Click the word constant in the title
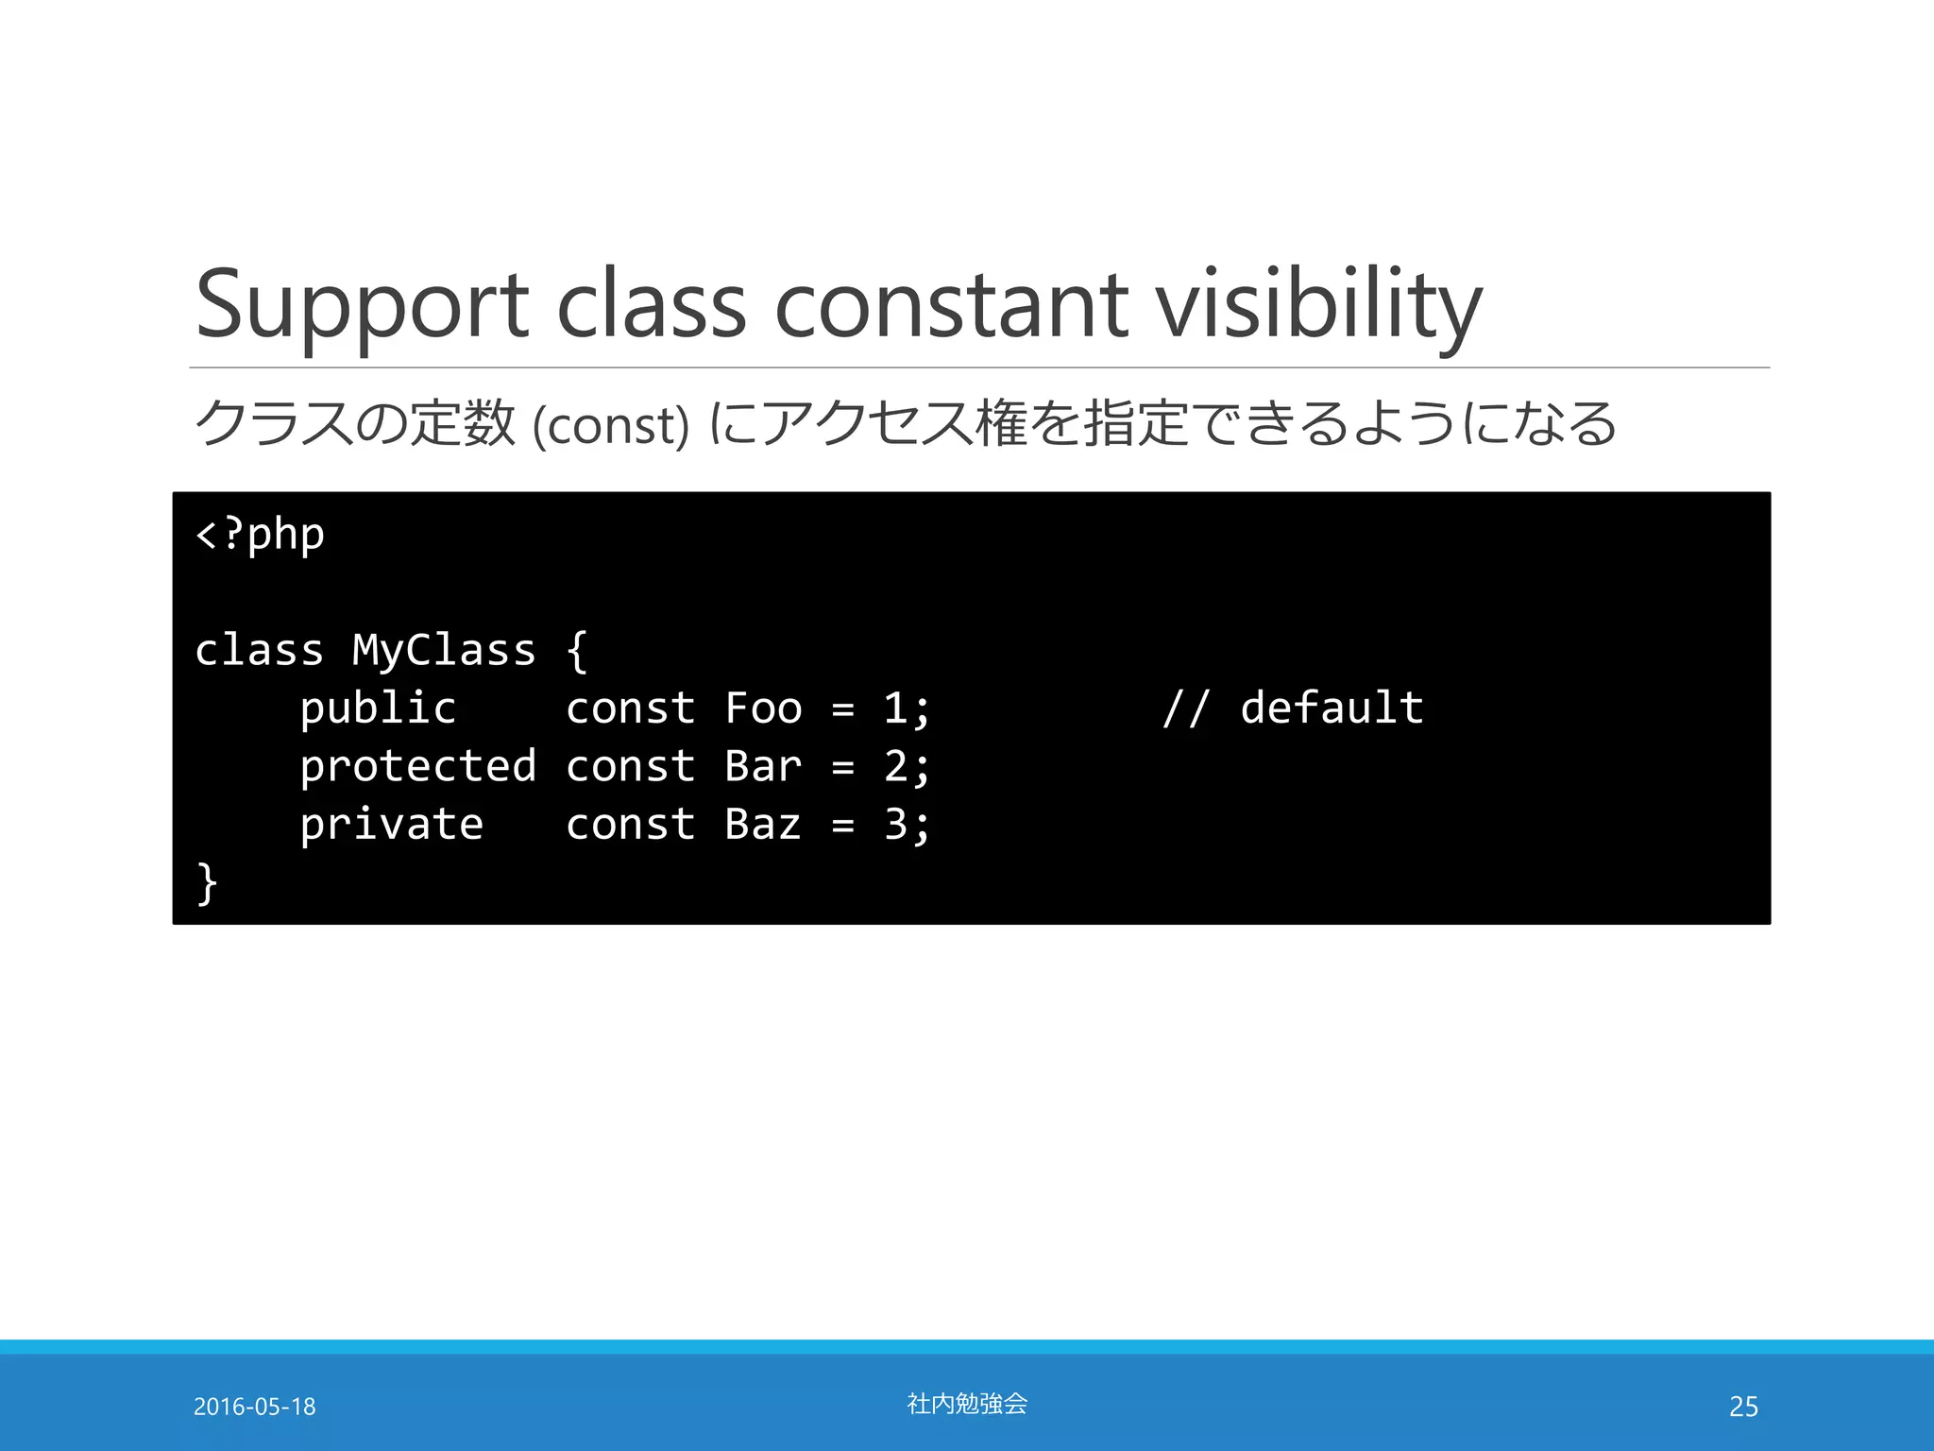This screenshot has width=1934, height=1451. [x=951, y=305]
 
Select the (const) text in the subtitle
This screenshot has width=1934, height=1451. [x=611, y=425]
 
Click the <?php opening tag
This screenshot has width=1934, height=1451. [x=260, y=536]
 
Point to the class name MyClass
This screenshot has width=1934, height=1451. [x=444, y=651]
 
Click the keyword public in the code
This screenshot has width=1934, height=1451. [x=378, y=709]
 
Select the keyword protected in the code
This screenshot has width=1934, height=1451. [x=417, y=766]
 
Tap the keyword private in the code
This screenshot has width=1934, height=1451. [x=391, y=825]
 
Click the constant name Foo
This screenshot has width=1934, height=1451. [x=763, y=708]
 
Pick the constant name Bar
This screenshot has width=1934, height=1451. [x=763, y=766]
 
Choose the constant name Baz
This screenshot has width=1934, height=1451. [x=763, y=825]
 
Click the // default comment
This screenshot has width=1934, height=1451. [x=1293, y=708]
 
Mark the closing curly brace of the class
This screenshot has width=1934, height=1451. [x=207, y=883]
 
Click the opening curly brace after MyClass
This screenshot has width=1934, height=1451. [x=577, y=651]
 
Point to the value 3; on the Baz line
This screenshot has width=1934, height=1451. [x=907, y=825]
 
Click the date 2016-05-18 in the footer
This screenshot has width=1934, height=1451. [x=254, y=1407]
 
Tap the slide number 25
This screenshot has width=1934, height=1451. [x=1743, y=1407]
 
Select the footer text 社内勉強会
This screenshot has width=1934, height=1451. [x=967, y=1404]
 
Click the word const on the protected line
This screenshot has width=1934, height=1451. [x=630, y=766]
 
